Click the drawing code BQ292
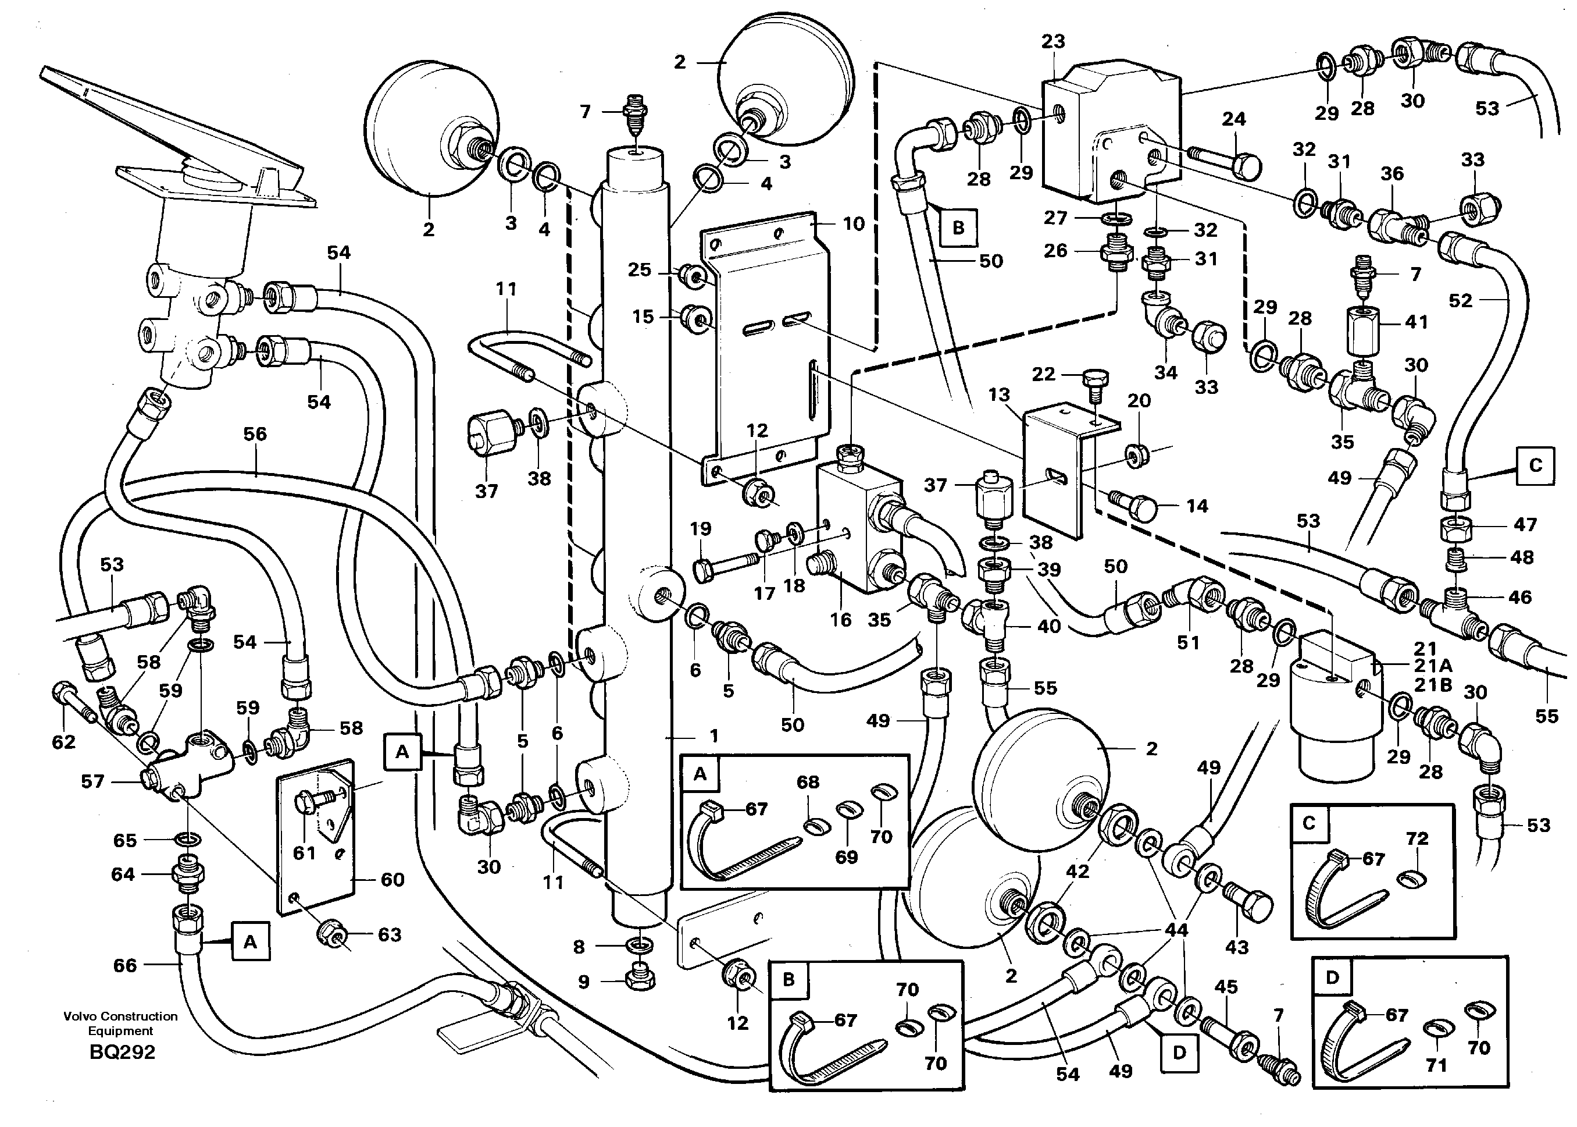(122, 1052)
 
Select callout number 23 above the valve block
(1052, 42)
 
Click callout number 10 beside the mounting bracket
(854, 223)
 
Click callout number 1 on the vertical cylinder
(714, 735)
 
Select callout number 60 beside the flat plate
(393, 879)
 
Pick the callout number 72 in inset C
(1417, 838)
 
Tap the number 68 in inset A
(808, 782)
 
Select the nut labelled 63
(331, 935)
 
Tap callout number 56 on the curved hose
(255, 433)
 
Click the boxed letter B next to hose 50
(958, 227)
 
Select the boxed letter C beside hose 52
(1535, 465)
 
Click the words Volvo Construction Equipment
(121, 1023)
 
